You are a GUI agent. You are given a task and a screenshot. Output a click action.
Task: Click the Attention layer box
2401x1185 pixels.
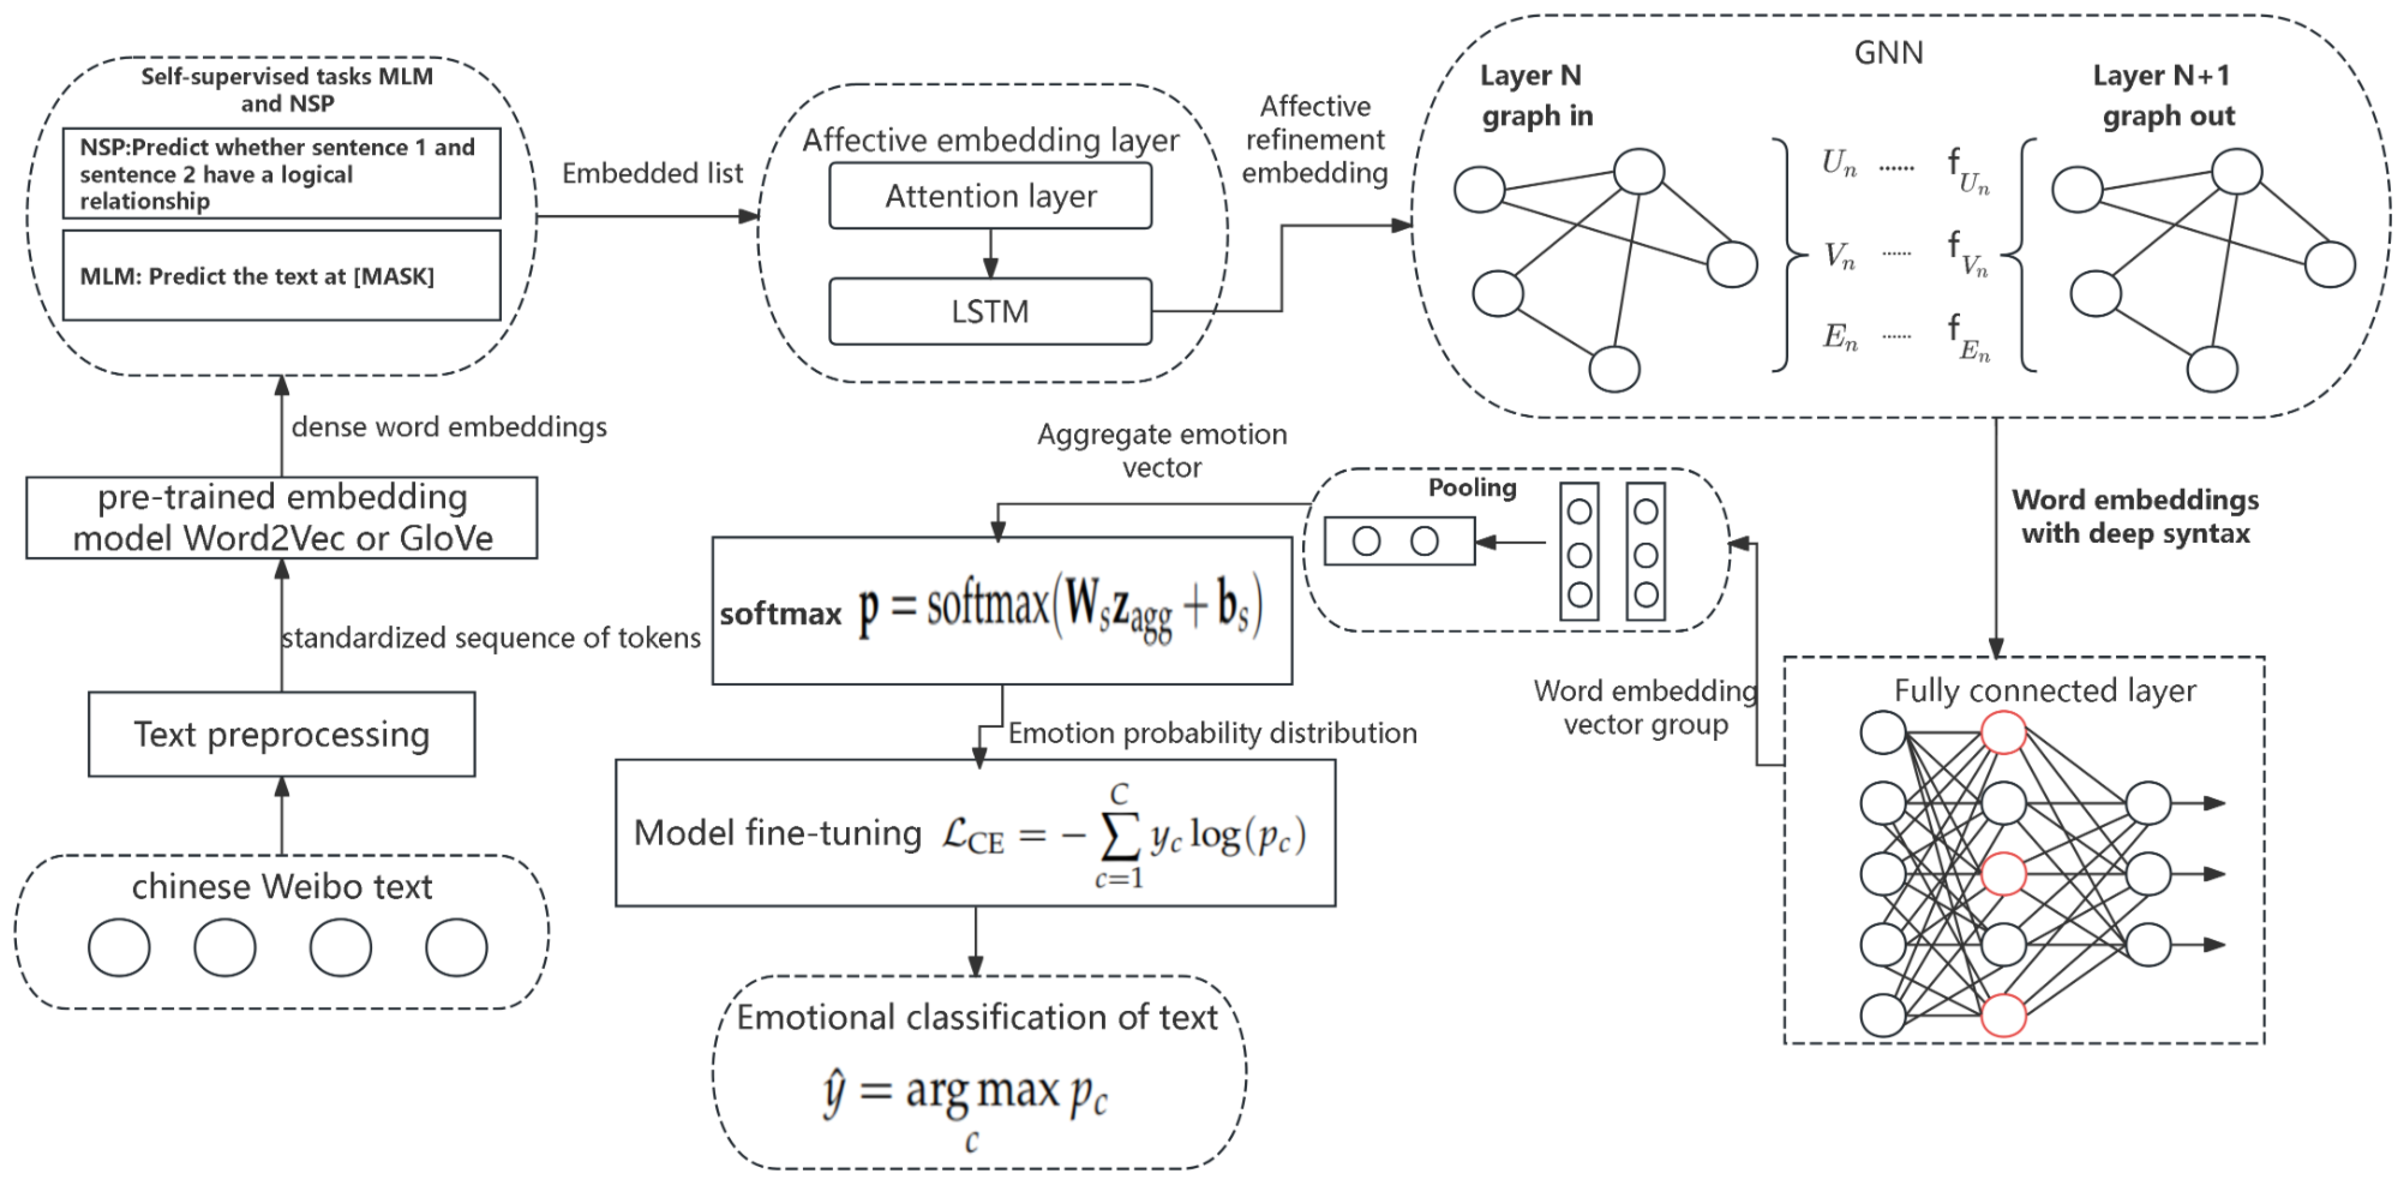point(990,196)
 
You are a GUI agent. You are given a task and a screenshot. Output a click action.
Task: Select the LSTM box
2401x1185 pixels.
point(990,311)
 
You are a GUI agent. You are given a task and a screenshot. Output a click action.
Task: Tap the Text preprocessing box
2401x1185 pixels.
point(281,734)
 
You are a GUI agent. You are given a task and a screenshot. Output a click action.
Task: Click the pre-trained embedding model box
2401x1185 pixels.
point(281,518)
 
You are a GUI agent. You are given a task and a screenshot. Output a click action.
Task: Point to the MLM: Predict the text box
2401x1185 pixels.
point(281,276)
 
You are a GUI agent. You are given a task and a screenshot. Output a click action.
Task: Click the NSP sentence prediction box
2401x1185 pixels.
point(281,174)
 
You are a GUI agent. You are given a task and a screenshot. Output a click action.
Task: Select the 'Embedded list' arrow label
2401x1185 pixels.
point(652,173)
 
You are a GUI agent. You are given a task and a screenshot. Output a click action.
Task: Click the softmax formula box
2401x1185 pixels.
point(1002,610)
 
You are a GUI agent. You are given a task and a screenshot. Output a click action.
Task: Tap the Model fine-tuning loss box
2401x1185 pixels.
point(975,833)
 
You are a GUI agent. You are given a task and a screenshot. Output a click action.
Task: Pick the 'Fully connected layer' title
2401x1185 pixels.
point(2045,691)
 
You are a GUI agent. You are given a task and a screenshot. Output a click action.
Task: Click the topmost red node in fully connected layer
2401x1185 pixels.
point(2003,732)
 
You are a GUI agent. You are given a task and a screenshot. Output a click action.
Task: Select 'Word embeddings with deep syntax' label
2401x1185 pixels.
point(2135,516)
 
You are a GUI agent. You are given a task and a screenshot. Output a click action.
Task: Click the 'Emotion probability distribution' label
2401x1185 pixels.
point(1212,733)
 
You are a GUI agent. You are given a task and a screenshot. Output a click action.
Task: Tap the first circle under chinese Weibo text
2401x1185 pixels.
point(119,947)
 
